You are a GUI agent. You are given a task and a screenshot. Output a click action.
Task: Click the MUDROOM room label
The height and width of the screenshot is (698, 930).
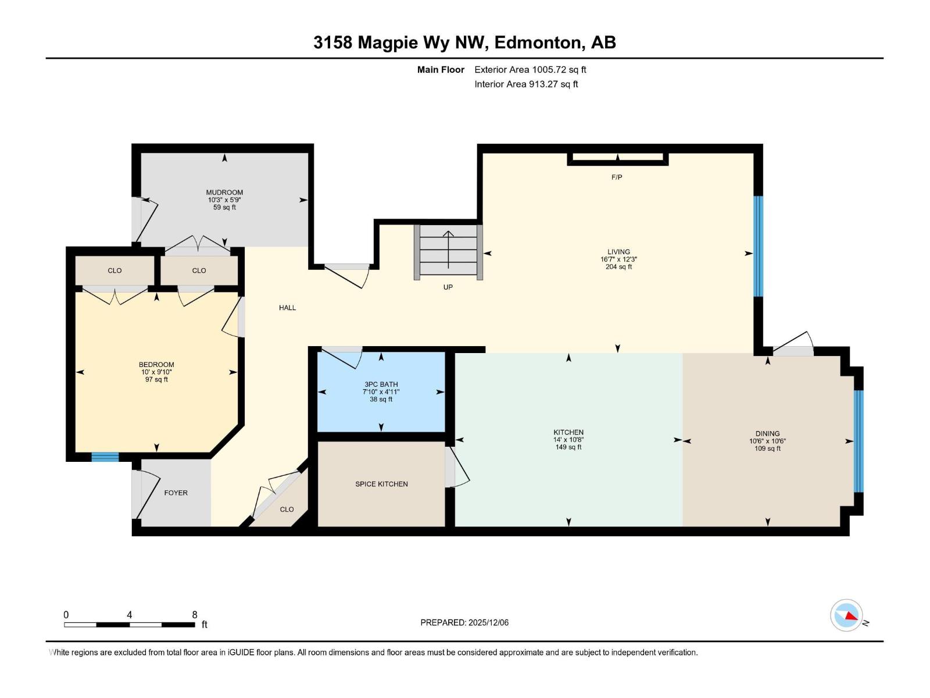tap(224, 193)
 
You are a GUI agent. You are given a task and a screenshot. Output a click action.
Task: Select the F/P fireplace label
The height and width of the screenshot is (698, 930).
tap(617, 177)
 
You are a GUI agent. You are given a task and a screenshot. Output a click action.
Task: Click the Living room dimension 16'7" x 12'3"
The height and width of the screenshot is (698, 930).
tap(618, 259)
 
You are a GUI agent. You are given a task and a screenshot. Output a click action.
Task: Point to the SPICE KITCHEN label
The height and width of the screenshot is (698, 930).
tap(381, 484)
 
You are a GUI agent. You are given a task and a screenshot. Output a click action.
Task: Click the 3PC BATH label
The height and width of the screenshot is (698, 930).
tap(381, 384)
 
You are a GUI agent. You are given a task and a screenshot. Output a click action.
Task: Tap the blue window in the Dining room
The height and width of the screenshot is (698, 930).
tap(858, 441)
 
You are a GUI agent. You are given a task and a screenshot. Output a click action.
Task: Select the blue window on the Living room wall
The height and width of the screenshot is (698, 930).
tap(758, 246)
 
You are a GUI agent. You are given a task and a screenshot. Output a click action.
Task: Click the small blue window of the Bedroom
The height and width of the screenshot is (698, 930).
tap(105, 457)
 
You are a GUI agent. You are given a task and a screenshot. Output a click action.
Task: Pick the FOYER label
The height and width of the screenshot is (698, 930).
tap(176, 493)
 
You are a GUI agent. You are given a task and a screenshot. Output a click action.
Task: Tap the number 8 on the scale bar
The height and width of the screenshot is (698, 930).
tap(195, 615)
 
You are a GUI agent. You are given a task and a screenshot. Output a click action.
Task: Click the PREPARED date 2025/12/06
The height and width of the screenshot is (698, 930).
tap(488, 622)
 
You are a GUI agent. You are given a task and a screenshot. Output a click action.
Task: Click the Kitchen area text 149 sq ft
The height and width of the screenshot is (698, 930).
tap(568, 447)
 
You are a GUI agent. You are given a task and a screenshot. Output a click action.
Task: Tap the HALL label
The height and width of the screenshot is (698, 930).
tap(287, 308)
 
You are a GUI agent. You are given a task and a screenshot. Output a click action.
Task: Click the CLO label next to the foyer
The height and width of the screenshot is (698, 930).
tap(287, 510)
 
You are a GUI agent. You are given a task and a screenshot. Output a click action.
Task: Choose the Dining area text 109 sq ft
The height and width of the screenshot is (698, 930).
tap(767, 448)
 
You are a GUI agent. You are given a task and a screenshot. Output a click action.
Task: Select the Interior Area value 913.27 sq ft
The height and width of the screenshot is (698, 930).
tap(553, 84)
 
